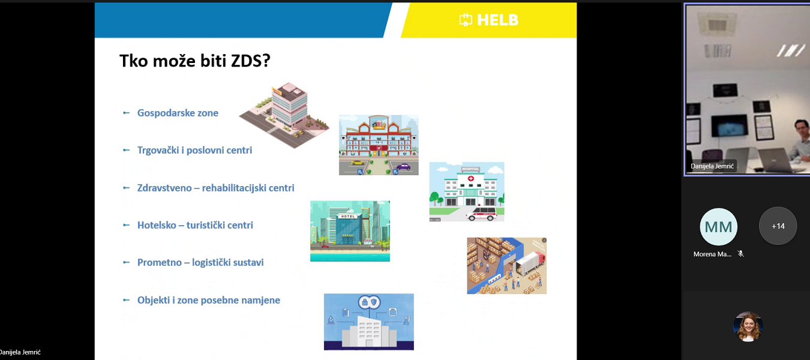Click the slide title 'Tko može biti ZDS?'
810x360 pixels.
(194, 61)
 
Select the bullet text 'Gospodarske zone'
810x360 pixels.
(178, 113)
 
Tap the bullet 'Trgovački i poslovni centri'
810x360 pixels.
(194, 150)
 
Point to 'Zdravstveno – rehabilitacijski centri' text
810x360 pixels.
(215, 188)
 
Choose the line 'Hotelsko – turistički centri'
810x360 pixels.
(195, 225)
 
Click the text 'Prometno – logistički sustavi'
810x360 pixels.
(200, 262)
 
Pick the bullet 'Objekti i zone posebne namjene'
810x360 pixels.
(209, 300)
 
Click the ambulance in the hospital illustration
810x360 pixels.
(482, 214)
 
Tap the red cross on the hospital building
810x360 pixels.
(470, 179)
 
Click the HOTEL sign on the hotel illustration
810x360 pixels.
(348, 216)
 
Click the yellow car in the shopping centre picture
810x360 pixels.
(358, 163)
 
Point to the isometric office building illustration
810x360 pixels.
(284, 115)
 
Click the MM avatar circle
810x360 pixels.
(719, 227)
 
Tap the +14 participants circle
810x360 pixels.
(778, 226)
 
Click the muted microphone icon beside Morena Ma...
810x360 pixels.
(740, 254)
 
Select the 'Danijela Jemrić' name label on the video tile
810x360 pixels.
(712, 166)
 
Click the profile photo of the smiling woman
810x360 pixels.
(748, 326)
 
